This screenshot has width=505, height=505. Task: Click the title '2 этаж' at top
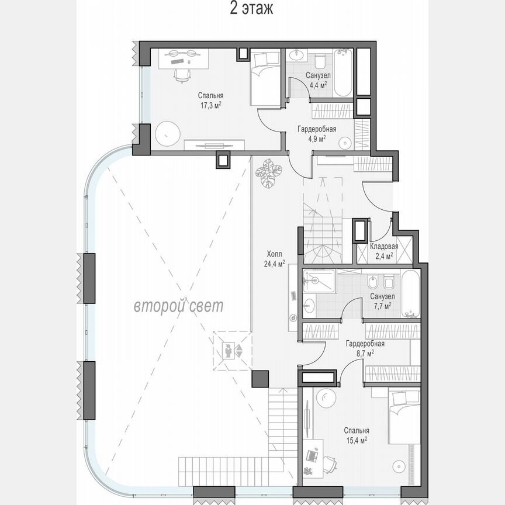click(252, 10)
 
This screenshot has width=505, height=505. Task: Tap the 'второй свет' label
click(178, 305)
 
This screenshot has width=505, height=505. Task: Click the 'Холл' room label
click(274, 254)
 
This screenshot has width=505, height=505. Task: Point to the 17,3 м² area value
click(210, 105)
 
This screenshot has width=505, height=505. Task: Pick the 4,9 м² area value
click(317, 139)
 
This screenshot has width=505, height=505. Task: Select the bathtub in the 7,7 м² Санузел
click(410, 293)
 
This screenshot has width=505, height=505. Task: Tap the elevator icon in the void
click(233, 351)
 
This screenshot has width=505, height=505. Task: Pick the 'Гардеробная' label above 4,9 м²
click(316, 129)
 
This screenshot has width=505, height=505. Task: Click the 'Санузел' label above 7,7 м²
click(383, 297)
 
